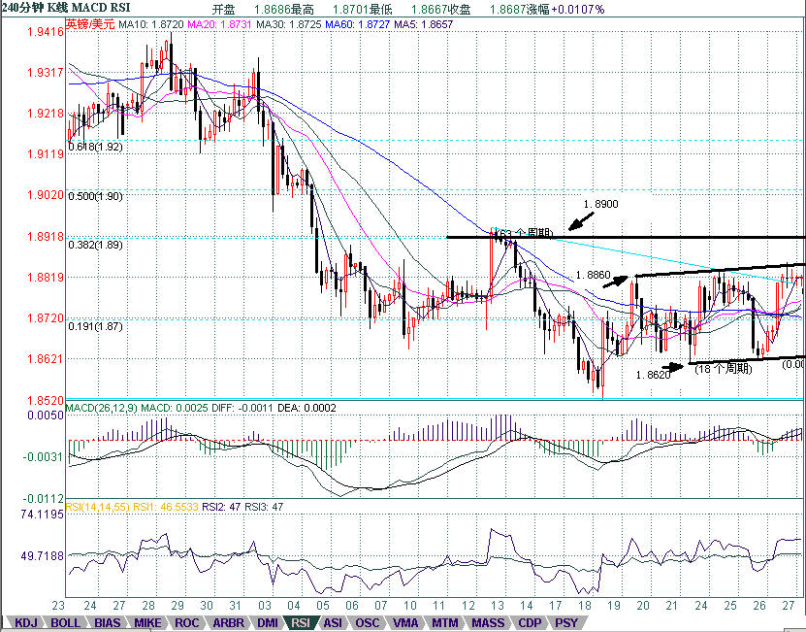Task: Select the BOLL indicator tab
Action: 65,622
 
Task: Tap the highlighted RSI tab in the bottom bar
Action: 301,622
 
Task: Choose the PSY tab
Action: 566,622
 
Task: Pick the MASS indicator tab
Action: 487,622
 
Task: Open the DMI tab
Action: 268,622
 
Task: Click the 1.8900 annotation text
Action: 601,205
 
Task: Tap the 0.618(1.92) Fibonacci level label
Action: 95,147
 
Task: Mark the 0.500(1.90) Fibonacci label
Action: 95,196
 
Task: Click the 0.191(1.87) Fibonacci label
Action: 95,327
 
